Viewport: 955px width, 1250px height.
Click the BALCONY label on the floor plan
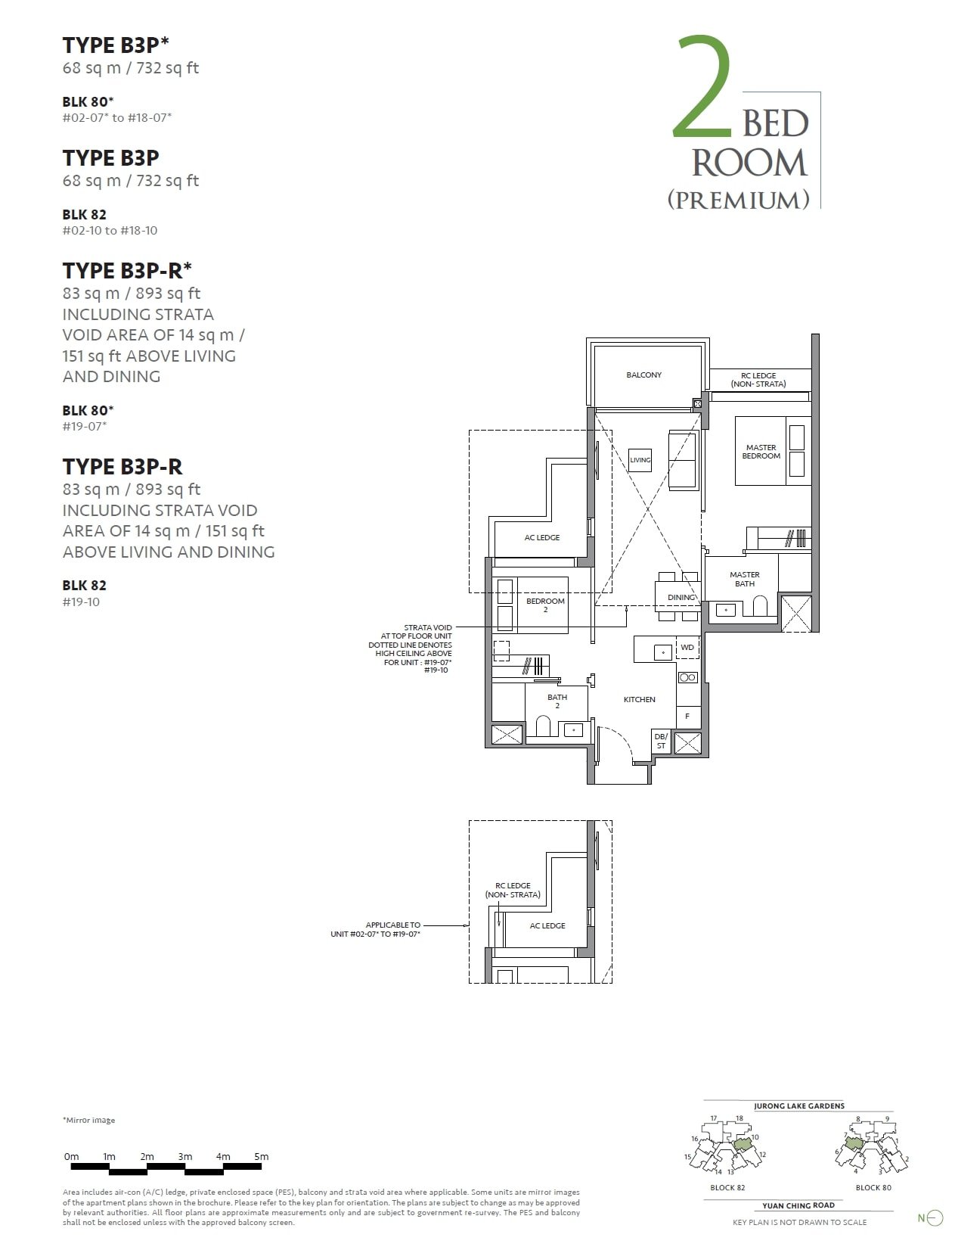point(643,375)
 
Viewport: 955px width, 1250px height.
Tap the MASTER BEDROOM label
point(761,452)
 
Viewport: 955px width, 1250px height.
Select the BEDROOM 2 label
point(545,605)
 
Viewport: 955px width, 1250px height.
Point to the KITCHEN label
point(639,699)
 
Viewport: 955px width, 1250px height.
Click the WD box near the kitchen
point(687,648)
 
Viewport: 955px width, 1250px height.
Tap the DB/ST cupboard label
point(661,741)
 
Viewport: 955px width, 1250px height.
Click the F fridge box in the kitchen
point(687,716)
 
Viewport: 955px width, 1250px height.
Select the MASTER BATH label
point(744,579)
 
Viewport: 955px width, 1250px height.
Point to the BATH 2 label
point(557,701)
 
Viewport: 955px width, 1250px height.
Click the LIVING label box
point(640,460)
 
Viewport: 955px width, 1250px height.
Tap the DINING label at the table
point(681,597)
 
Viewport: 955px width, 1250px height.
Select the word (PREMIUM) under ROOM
point(738,199)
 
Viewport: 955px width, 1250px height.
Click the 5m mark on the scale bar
point(261,1156)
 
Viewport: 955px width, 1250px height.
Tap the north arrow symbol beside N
point(935,1217)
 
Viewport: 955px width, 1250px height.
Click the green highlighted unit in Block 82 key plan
point(743,1143)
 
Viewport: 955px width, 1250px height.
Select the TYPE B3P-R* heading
point(127,270)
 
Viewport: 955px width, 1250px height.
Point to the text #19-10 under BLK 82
point(81,602)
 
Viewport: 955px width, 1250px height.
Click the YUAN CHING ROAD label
point(798,1205)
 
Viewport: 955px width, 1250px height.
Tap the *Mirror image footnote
point(88,1120)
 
